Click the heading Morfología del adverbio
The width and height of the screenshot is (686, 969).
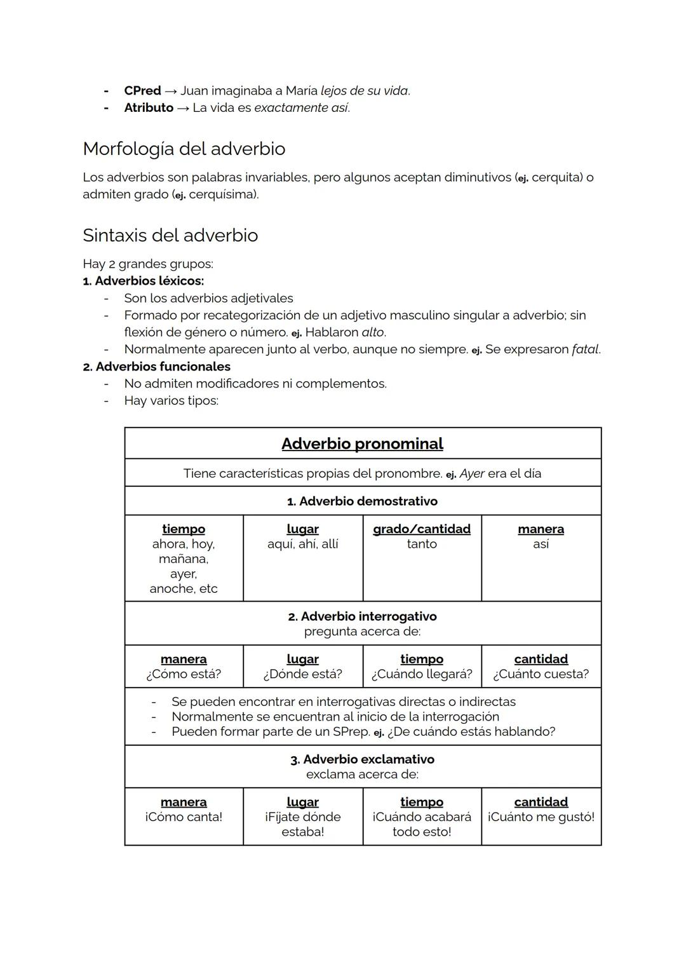(184, 149)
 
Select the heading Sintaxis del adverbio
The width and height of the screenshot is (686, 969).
(170, 235)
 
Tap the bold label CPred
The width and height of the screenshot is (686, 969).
(142, 91)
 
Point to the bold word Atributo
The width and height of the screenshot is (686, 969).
(149, 108)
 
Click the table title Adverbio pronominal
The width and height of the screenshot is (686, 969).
(362, 444)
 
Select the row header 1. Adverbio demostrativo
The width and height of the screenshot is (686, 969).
(362, 501)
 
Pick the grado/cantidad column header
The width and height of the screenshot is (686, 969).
(422, 529)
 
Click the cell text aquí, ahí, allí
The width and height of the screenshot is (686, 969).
(302, 544)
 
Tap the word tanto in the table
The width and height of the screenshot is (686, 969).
(422, 544)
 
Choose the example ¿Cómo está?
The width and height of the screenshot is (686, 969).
(184, 674)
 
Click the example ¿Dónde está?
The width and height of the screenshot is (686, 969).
(302, 674)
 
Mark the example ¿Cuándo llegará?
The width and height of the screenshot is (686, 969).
(422, 674)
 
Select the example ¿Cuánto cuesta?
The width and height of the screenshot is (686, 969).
(541, 674)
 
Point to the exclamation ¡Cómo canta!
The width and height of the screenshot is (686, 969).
(184, 817)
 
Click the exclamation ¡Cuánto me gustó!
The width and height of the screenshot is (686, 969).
(541, 817)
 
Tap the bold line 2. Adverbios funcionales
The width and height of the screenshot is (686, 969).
(157, 367)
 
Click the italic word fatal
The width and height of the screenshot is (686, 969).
(585, 349)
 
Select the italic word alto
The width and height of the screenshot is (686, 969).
(373, 332)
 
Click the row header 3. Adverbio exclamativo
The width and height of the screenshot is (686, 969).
(362, 759)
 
